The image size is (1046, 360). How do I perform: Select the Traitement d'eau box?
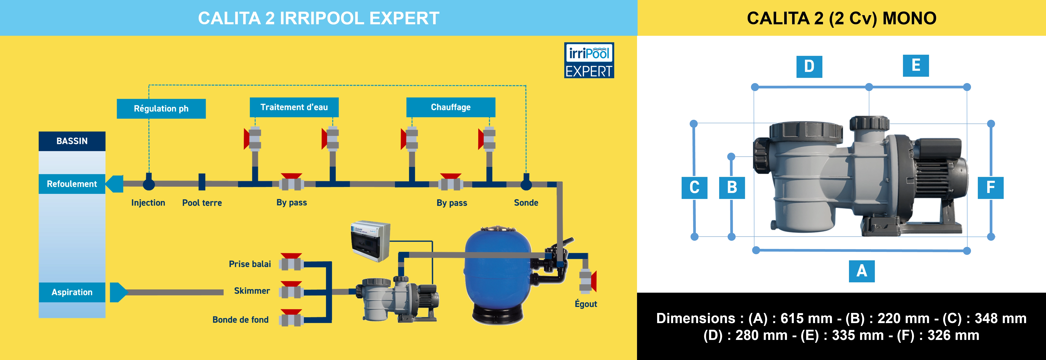294,107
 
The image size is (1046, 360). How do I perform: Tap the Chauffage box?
451,107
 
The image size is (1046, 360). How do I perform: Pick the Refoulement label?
72,184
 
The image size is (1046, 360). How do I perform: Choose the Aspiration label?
72,292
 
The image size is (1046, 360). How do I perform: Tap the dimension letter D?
809,66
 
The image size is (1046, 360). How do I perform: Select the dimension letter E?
916,65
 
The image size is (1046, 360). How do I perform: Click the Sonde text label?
526,203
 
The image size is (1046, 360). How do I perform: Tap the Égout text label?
586,304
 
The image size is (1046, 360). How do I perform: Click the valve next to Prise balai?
291,263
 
